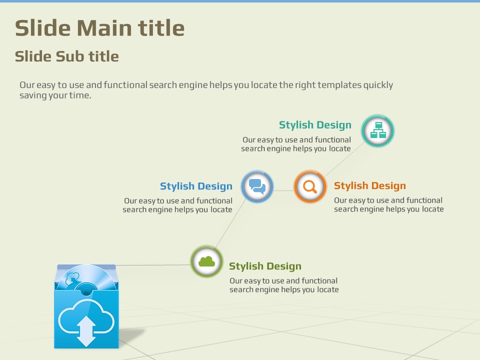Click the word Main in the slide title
(x=104, y=28)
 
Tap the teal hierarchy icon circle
(x=377, y=131)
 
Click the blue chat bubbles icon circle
(x=257, y=186)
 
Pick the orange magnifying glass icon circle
(x=310, y=186)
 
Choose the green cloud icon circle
(x=206, y=261)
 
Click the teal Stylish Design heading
(x=315, y=125)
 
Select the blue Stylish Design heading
(x=196, y=186)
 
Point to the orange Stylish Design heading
(x=370, y=185)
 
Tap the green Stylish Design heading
(x=265, y=266)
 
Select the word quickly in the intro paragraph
(x=378, y=85)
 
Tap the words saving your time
(x=55, y=95)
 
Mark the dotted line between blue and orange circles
(x=283, y=190)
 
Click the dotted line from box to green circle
(x=153, y=265)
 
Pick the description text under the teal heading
(x=295, y=144)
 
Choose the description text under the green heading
(x=284, y=285)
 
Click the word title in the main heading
(x=161, y=28)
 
